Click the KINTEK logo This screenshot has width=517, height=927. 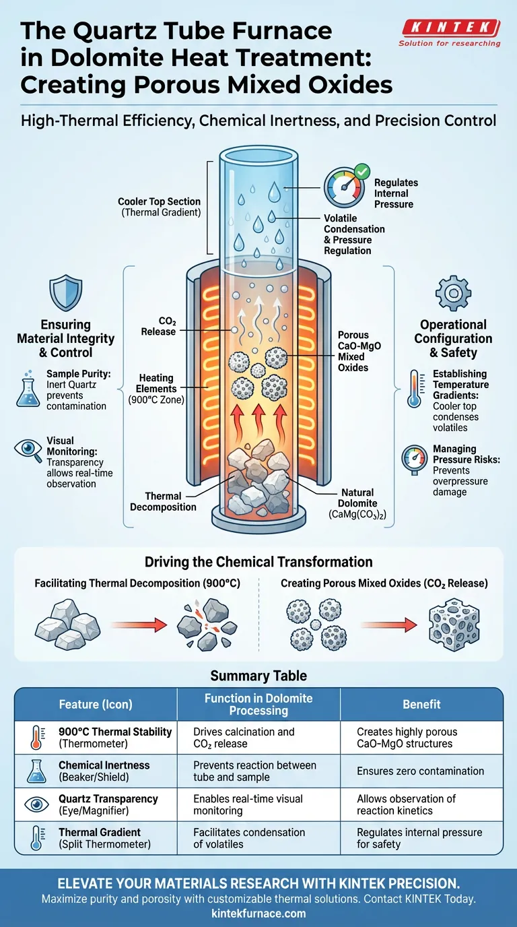tap(450, 29)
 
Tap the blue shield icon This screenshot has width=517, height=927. tap(65, 293)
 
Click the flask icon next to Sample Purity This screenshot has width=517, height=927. tap(27, 389)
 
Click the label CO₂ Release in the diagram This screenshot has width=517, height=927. tap(158, 326)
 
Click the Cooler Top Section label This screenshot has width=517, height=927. tap(159, 207)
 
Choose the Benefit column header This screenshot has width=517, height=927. tap(421, 704)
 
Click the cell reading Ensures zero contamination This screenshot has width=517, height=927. tap(420, 771)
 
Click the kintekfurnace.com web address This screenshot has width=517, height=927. tap(258, 913)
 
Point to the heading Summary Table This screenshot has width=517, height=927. tap(258, 675)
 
